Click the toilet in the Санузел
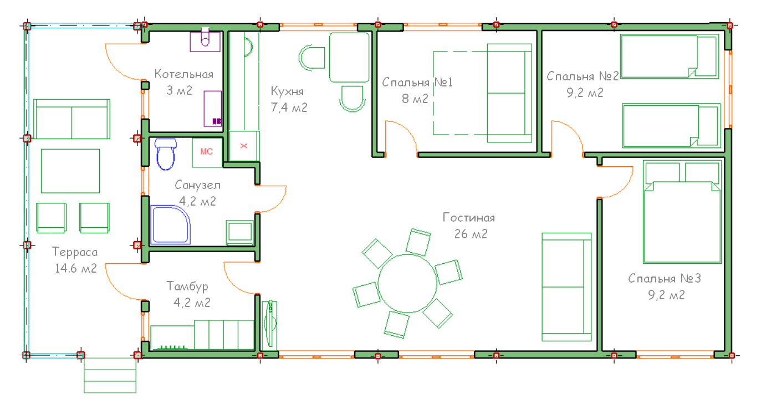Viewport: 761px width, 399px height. [x=166, y=154]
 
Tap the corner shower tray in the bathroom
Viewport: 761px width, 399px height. [x=170, y=224]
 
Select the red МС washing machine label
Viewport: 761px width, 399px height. [x=207, y=151]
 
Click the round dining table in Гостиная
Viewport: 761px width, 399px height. [x=407, y=283]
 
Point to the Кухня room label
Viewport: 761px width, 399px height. [x=287, y=91]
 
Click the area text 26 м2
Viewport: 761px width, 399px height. [x=471, y=234]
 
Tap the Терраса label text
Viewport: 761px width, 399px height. [x=75, y=252]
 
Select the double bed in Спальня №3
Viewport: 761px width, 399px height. [x=682, y=212]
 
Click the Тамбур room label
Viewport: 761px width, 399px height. [x=187, y=287]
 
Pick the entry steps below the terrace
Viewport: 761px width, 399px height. [x=110, y=375]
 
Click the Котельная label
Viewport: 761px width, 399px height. [x=184, y=74]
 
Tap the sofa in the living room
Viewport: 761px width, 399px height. [x=566, y=287]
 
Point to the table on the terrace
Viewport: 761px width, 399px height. [x=70, y=171]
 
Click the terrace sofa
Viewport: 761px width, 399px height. [x=71, y=119]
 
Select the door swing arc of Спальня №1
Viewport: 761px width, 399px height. [x=406, y=130]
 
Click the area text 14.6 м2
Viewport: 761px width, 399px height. [x=76, y=269]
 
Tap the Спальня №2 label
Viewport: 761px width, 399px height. [x=583, y=76]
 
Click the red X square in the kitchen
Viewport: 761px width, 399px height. [x=244, y=146]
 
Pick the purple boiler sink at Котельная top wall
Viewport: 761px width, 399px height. [x=205, y=40]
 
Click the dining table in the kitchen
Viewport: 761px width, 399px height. [x=349, y=58]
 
